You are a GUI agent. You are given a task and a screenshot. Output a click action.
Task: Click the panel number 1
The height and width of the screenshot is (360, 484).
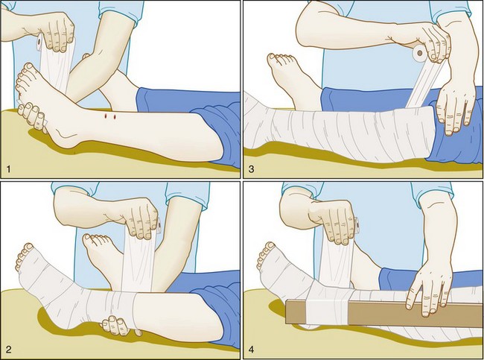(9, 169)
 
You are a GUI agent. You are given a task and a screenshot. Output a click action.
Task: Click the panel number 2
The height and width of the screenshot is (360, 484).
(9, 350)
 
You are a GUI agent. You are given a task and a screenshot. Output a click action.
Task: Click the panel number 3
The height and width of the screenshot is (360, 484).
(251, 169)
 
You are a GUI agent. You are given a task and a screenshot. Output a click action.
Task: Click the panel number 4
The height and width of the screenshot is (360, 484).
(251, 350)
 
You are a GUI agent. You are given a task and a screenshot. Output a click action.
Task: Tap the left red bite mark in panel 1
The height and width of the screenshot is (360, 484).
(106, 116)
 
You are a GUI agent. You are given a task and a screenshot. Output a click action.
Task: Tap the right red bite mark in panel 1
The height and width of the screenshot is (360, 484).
(115, 117)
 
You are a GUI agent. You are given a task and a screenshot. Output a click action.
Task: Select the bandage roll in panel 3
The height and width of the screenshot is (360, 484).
(420, 54)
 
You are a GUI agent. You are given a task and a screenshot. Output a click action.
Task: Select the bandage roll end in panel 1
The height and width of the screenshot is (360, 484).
(39, 42)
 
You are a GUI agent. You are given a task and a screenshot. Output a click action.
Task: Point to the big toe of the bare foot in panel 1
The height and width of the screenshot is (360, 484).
(28, 67)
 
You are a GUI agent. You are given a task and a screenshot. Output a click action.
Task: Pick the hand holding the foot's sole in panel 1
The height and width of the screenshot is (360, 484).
(34, 118)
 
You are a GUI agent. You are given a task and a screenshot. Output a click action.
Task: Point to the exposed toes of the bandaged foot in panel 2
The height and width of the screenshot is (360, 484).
(25, 256)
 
